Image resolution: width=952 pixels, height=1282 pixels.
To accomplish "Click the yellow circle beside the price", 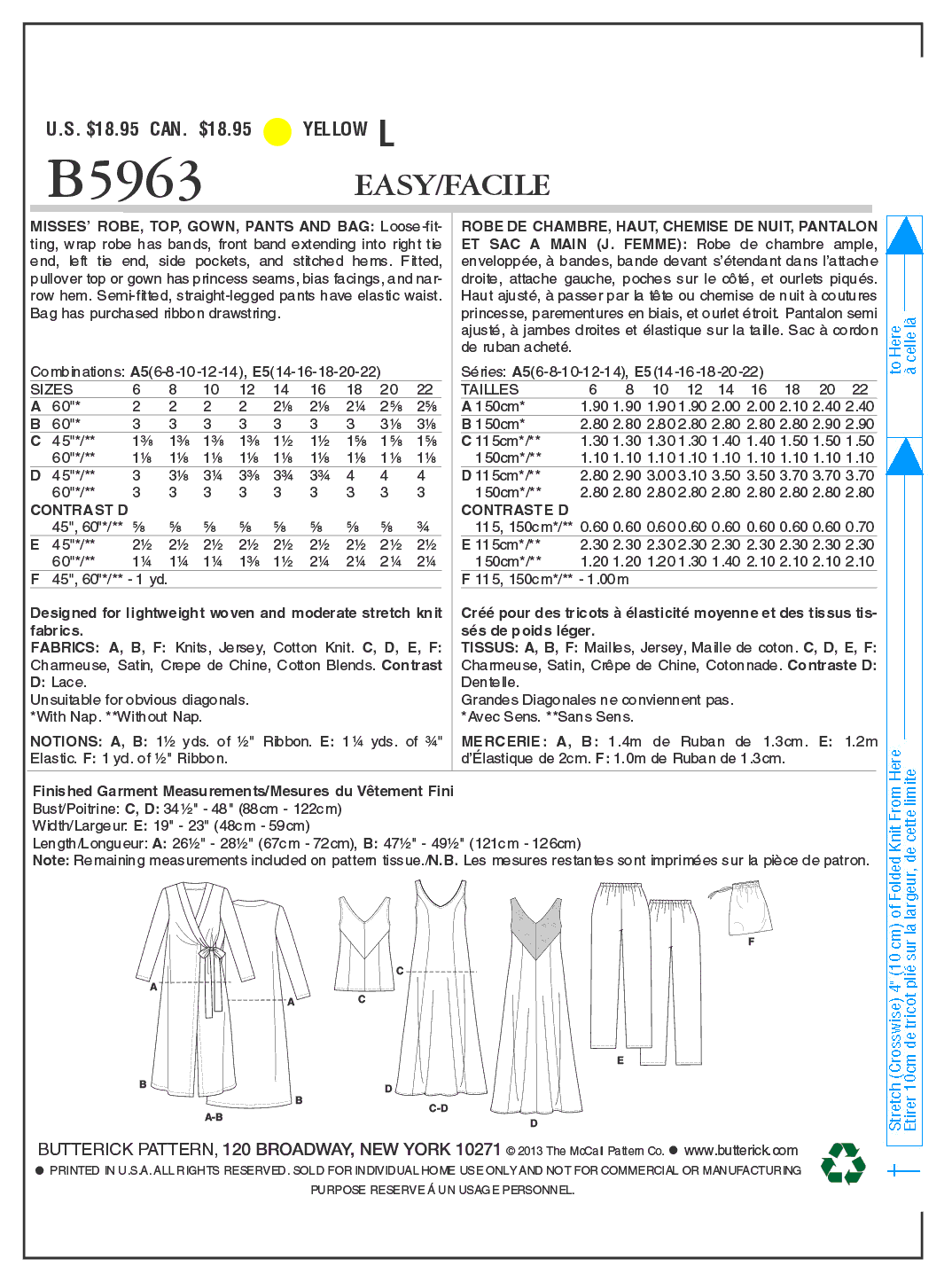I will tap(277, 131).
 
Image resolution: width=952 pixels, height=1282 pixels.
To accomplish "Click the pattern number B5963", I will tap(125, 180).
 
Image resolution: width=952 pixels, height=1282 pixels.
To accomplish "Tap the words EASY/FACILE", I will tap(452, 185).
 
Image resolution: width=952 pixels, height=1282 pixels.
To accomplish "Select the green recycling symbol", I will tap(843, 1162).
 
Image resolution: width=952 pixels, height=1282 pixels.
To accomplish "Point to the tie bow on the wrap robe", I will tap(211, 953).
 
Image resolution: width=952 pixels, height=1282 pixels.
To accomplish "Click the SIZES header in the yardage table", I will tap(51, 389).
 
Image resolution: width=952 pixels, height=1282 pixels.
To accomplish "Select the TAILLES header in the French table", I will tap(489, 389).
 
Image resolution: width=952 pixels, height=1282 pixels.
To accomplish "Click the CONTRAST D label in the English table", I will tap(79, 510).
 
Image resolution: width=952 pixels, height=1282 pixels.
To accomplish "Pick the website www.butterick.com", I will tap(741, 1150).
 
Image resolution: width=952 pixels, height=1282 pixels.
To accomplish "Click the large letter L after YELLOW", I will tap(386, 134).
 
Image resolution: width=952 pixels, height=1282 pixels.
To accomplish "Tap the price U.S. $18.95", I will tap(92, 129).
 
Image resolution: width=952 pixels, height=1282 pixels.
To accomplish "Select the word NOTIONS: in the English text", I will tap(66, 741).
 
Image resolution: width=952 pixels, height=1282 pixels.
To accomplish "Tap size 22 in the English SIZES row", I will tap(425, 389).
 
